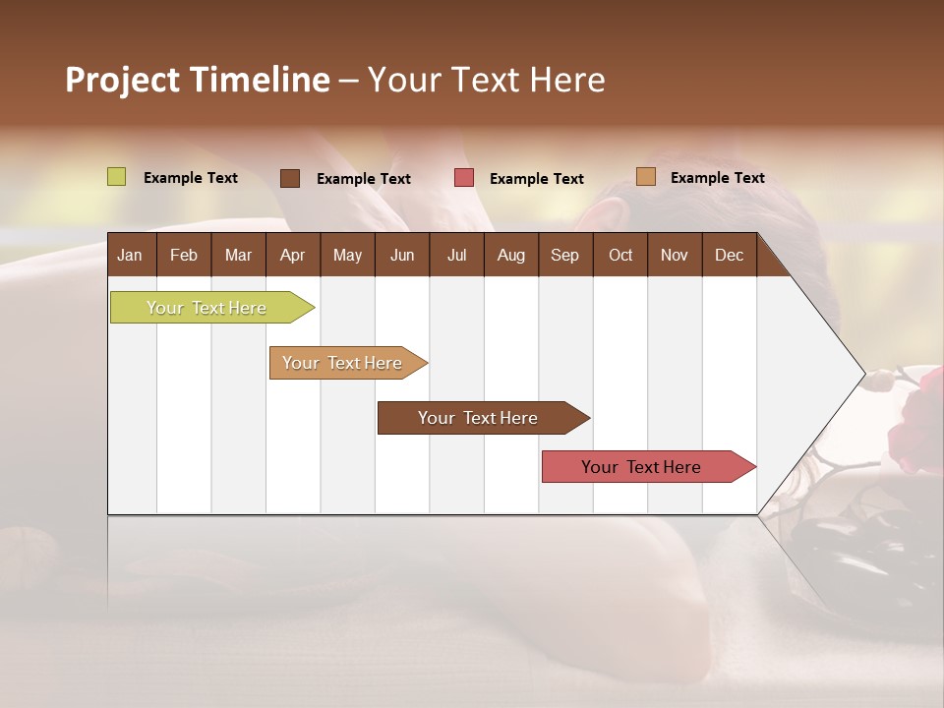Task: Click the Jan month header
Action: point(130,255)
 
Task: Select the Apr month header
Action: point(292,255)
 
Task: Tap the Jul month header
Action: point(456,255)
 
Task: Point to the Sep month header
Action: point(564,255)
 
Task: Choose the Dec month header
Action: point(729,255)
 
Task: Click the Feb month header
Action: point(184,255)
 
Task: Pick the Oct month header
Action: point(620,255)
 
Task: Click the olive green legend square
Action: point(117,177)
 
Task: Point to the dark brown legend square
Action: point(290,178)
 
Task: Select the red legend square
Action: point(464,178)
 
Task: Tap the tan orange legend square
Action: point(646,177)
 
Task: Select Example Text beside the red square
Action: point(536,179)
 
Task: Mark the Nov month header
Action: point(674,255)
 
